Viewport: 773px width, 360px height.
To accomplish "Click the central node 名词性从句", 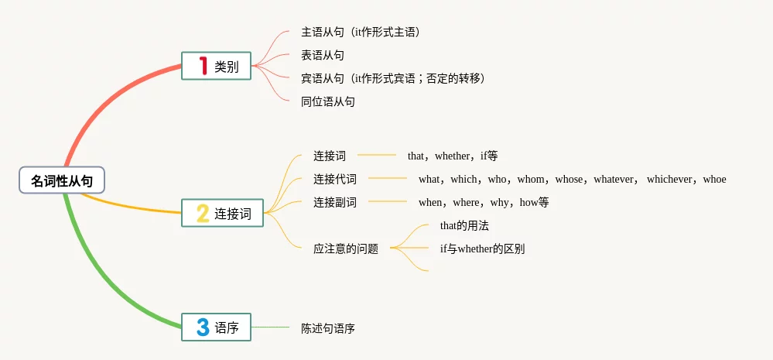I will tap(62, 180).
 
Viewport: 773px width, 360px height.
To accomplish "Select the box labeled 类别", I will tap(216, 67).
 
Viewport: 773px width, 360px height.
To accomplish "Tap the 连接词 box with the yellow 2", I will tap(222, 213).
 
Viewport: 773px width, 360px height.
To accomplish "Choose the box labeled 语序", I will tap(216, 327).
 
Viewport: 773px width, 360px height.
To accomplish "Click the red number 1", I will tap(203, 67).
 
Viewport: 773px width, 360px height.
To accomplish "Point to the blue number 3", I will tap(203, 327).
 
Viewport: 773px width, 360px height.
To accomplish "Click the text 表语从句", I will tap(323, 55).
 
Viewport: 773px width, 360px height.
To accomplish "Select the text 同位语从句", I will tap(328, 101).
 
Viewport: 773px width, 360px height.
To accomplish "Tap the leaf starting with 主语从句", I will tap(361, 32).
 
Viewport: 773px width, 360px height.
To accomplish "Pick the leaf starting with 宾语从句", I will tap(393, 78).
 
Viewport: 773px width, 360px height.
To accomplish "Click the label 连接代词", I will tap(335, 179).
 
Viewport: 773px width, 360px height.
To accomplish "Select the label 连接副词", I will tap(335, 202).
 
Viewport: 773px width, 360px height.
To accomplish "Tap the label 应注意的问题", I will tap(346, 249).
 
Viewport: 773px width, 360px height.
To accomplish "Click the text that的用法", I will tap(464, 225).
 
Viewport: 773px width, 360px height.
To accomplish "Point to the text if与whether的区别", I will tap(482, 249).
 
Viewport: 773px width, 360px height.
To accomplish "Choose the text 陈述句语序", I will tap(328, 328).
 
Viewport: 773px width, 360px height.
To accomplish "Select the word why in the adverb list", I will tap(499, 202).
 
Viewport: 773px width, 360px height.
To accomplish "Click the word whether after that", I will tap(452, 156).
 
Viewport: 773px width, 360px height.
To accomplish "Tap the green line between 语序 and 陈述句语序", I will tap(271, 327).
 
